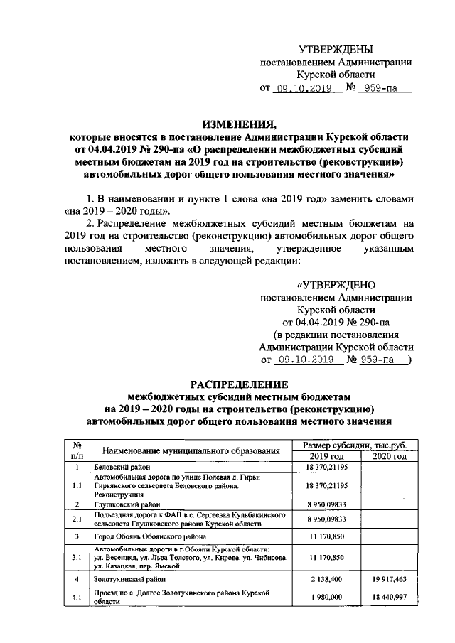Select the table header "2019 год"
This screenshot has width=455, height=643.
click(327, 456)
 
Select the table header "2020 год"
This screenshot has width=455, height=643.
click(390, 456)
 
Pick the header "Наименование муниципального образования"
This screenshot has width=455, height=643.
click(189, 450)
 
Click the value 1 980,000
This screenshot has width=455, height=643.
click(327, 597)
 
